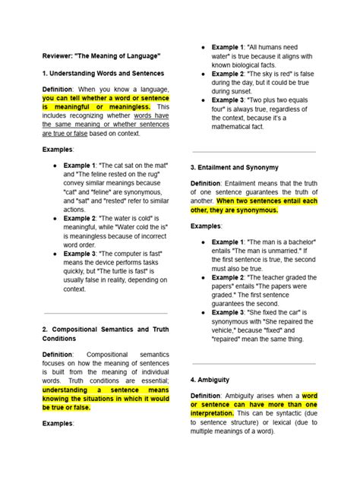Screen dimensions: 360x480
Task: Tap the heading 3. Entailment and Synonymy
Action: coord(234,166)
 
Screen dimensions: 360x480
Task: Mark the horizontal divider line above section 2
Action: coord(105,313)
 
